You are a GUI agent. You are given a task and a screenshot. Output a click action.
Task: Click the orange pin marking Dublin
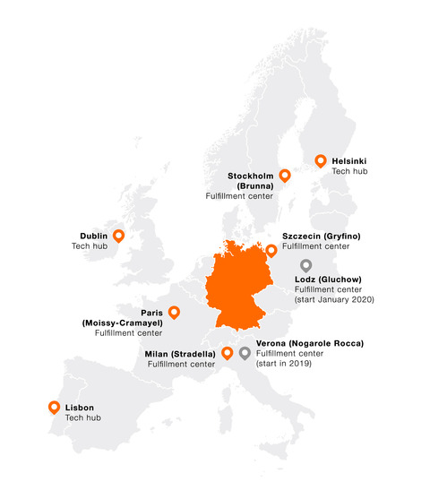(118, 237)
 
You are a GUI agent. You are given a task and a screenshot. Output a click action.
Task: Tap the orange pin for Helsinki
(321, 161)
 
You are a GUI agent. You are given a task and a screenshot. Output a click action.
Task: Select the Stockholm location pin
(285, 176)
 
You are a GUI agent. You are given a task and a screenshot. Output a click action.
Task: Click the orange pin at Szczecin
(271, 238)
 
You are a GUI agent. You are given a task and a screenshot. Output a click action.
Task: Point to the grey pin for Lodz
(305, 265)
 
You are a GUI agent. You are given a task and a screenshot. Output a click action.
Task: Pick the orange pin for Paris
(174, 313)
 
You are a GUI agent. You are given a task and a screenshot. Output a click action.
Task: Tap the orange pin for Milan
(227, 353)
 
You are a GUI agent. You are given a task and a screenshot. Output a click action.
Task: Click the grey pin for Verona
(245, 353)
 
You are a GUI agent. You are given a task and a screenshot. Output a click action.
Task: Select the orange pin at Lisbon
(53, 408)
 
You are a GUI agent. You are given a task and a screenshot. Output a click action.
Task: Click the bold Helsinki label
(348, 160)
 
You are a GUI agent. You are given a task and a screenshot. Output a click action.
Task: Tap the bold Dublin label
(93, 236)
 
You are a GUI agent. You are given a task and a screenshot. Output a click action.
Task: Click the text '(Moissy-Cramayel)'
(122, 323)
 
